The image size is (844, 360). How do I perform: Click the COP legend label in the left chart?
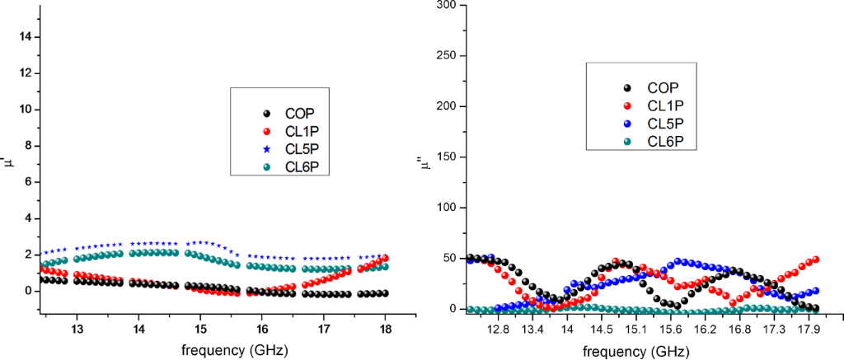[x=300, y=114]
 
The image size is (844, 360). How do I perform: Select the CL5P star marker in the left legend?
[x=265, y=149]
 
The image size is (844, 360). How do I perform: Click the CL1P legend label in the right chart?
[x=666, y=105]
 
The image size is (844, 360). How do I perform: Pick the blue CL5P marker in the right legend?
[x=628, y=124]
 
